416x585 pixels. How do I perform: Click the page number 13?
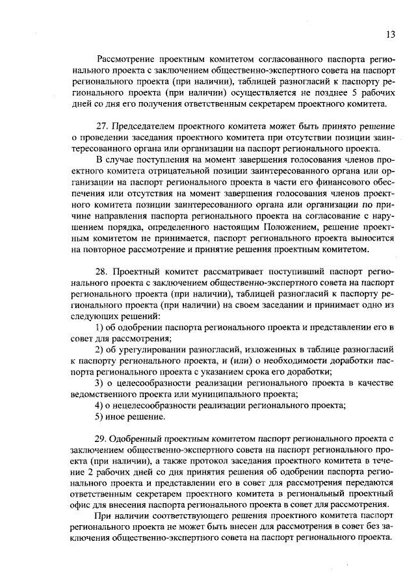pos(390,34)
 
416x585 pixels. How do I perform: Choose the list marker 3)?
pos(100,383)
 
